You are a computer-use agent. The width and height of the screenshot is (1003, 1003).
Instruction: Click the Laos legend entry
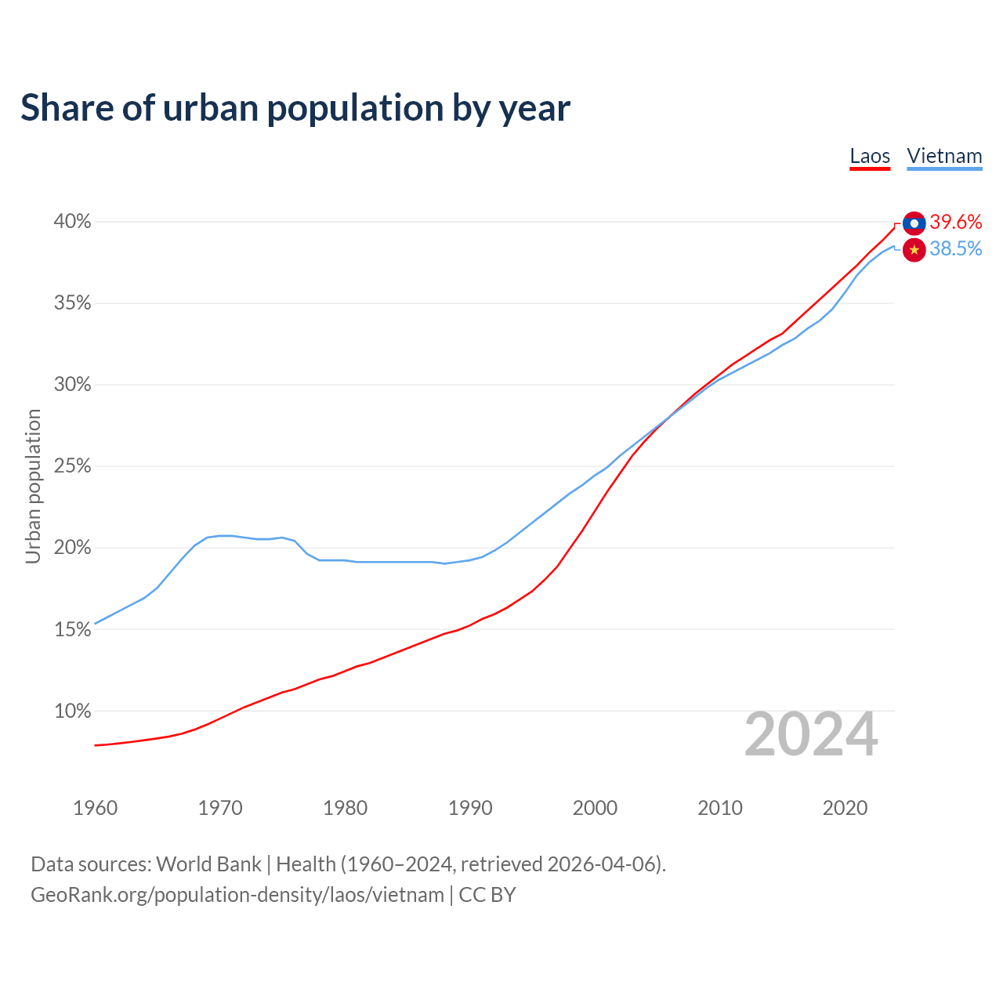coord(870,156)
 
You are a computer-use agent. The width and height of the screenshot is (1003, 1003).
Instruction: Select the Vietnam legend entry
coord(944,156)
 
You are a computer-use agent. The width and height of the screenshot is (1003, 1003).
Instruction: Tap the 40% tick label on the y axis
coord(73,222)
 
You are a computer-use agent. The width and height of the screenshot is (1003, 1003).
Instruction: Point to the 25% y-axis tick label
coord(73,466)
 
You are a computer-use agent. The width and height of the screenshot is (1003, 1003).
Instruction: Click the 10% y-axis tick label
coord(73,712)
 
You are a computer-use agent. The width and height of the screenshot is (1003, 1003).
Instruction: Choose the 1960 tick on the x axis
coord(95,808)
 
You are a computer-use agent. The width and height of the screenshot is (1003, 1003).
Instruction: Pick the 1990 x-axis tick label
coord(470,808)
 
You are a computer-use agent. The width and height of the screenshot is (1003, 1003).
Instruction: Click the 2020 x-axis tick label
coord(845,808)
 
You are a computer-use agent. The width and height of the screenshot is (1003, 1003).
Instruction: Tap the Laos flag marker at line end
coord(914,223)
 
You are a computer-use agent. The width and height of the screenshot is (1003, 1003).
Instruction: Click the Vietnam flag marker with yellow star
coord(914,250)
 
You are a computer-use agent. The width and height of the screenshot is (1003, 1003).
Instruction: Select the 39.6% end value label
coord(956,223)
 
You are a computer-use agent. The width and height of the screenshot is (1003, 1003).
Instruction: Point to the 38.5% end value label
coord(956,249)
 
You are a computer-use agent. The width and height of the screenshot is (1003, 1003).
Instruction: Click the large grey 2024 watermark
coord(811,734)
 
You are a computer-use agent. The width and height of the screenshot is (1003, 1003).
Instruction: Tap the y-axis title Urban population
coord(33,486)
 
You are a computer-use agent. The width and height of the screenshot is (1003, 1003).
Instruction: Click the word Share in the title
coord(66,108)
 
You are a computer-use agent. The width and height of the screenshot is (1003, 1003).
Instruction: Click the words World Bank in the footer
coord(208,864)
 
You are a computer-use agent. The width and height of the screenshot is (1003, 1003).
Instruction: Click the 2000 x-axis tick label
coord(595,808)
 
